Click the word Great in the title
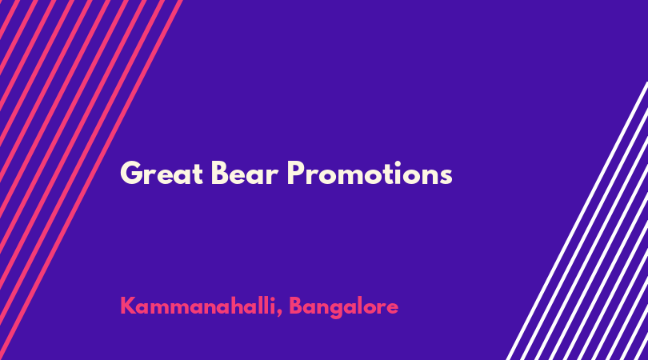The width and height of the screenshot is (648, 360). [x=162, y=173]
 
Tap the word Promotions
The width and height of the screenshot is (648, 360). [x=370, y=173]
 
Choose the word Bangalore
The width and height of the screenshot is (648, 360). [x=343, y=307]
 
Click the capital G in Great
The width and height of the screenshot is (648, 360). [x=130, y=173]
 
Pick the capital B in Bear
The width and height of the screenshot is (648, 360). [x=219, y=173]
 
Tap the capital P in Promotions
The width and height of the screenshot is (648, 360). [x=295, y=173]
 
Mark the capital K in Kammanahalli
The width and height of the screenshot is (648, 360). [x=128, y=306]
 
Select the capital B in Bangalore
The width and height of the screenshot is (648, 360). [x=296, y=306]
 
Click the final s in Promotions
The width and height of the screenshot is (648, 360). [x=446, y=177]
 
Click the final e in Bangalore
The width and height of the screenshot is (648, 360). [x=392, y=309]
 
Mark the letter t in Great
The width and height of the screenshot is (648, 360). [x=198, y=175]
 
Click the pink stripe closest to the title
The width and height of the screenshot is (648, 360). [x=90, y=180]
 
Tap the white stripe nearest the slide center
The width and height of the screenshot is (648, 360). [x=577, y=221]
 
